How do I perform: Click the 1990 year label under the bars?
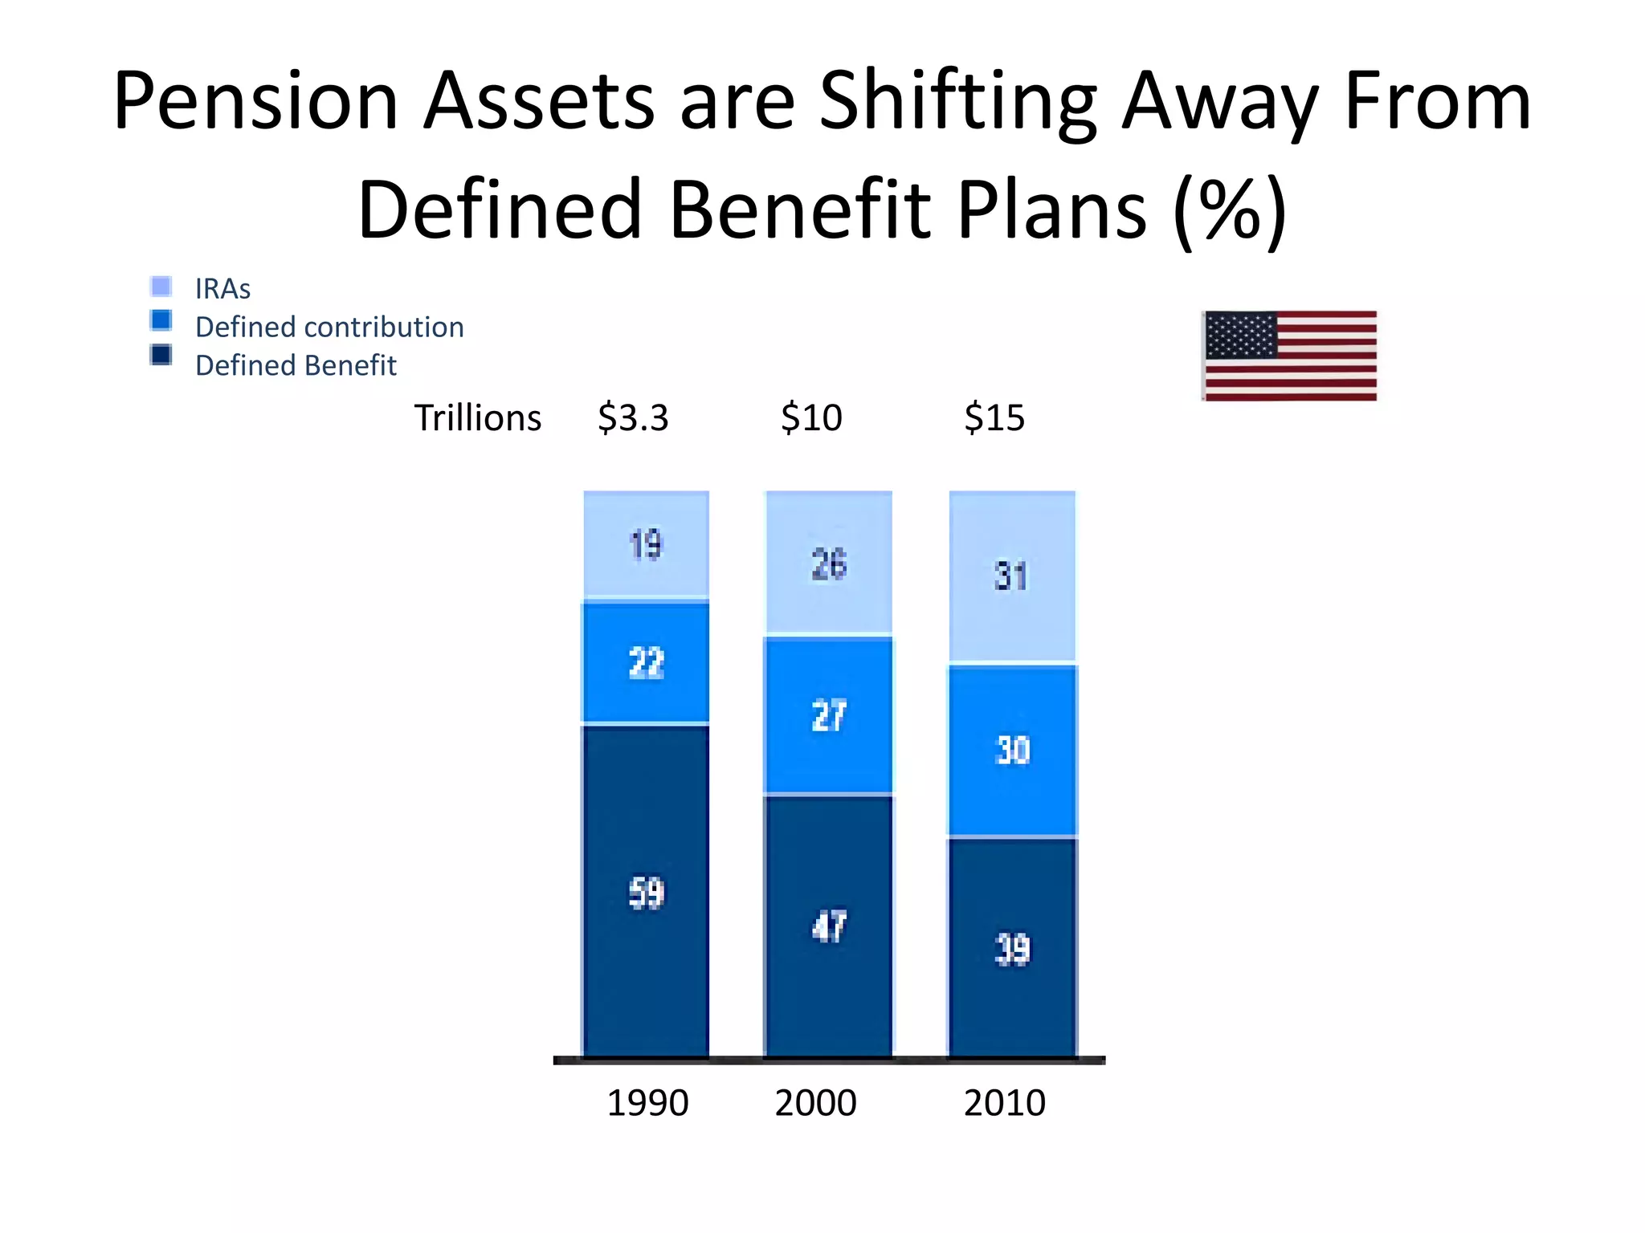(x=647, y=1103)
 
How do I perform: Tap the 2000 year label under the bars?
(x=815, y=1103)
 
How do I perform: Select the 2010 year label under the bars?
(x=1004, y=1103)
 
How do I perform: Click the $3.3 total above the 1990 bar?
(x=633, y=418)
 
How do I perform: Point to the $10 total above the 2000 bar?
(x=811, y=418)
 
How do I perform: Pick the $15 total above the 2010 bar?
(x=994, y=418)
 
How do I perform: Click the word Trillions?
(x=477, y=418)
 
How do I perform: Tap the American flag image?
(x=1290, y=356)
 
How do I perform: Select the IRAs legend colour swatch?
(x=161, y=287)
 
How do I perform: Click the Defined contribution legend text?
(x=329, y=328)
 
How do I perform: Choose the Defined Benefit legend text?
(x=296, y=366)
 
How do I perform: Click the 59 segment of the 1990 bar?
(x=646, y=891)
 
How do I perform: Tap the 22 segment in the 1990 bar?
(x=646, y=663)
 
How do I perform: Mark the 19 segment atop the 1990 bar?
(x=646, y=545)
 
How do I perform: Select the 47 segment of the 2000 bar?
(x=828, y=926)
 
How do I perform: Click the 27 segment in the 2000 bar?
(x=828, y=715)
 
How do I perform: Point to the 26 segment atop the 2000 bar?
(x=828, y=564)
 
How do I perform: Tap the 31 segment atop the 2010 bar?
(x=1011, y=576)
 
